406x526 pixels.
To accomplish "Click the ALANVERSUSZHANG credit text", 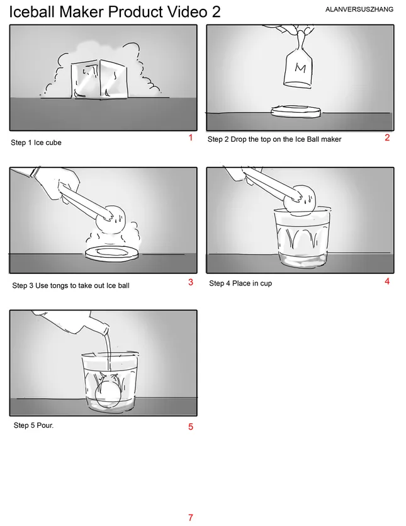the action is [359, 9].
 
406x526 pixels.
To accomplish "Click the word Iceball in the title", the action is [32, 12].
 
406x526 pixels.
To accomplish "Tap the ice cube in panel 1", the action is [99, 79].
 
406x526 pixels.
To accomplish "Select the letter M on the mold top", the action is [300, 68].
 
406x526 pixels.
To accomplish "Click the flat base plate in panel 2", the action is [296, 111].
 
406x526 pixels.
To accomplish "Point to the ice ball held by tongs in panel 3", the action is [110, 220].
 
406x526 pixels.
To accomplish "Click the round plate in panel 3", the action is [111, 253].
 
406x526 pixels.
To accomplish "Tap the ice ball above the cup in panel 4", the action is [300, 199].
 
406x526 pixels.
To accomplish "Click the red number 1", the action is [191, 137].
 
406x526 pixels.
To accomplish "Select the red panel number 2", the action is [387, 137].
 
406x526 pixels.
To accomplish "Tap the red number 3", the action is [191, 282].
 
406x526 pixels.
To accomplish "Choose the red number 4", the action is [387, 282].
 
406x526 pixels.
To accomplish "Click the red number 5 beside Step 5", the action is [191, 426].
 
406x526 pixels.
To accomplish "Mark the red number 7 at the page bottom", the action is [191, 518].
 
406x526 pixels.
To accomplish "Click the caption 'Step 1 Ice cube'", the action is [37, 142].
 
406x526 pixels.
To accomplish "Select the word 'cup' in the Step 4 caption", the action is [266, 284].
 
